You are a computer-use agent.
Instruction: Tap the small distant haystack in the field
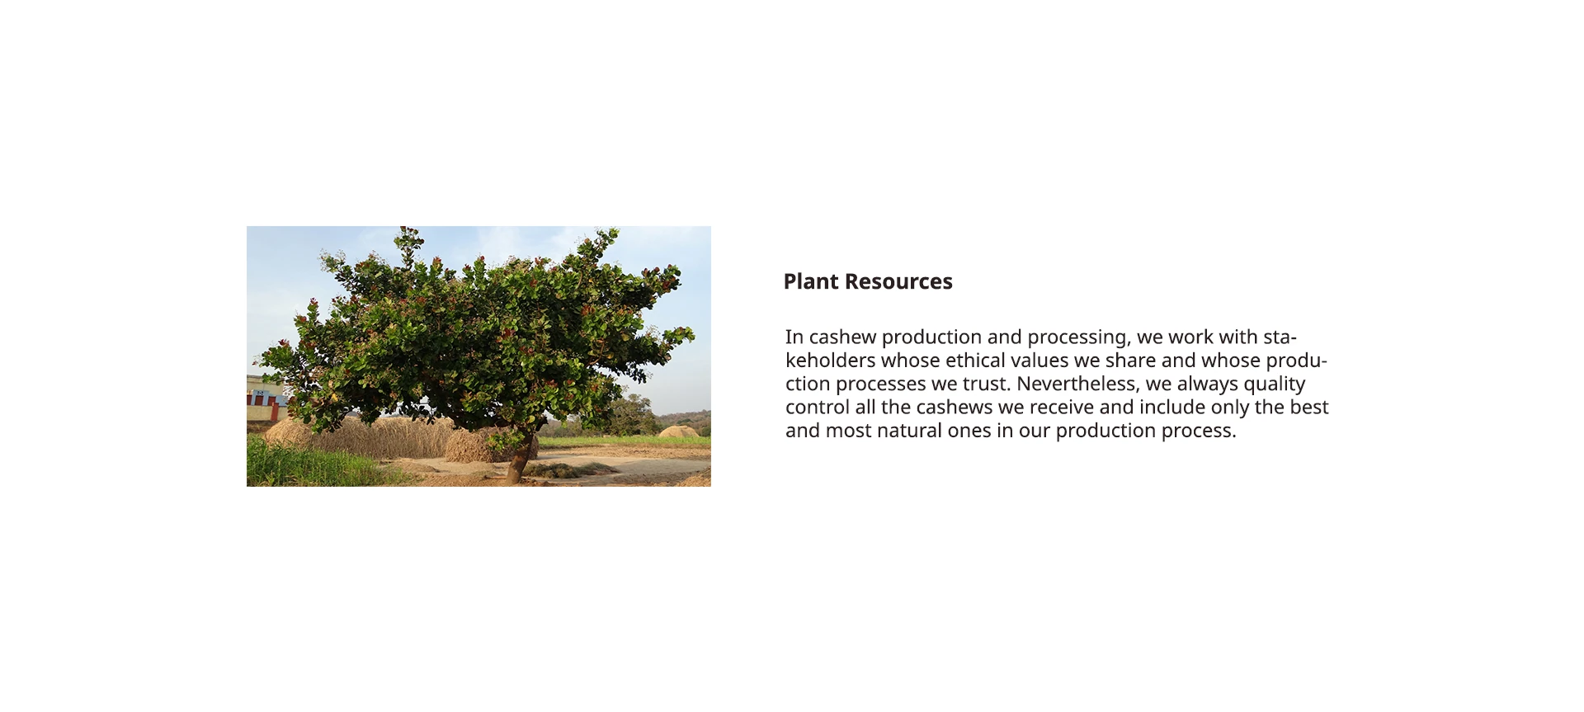coord(678,431)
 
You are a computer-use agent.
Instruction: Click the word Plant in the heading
coord(811,281)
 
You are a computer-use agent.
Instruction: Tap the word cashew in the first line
coord(842,337)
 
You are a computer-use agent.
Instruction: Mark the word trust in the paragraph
coord(987,384)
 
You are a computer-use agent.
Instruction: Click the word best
coord(1309,408)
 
